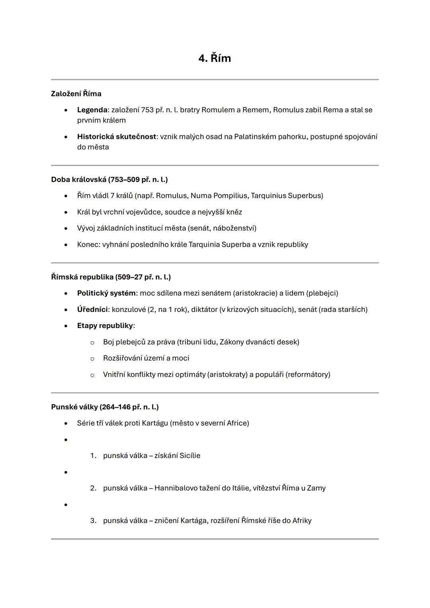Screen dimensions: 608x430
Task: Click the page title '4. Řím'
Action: [x=215, y=58]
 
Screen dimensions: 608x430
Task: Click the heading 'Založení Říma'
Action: [x=76, y=94]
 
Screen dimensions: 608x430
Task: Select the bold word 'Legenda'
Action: [x=92, y=110]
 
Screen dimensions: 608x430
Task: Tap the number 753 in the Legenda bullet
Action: [x=148, y=110]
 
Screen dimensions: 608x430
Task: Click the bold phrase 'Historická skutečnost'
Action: [x=116, y=137]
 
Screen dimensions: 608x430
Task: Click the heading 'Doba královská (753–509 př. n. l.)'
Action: [x=109, y=180]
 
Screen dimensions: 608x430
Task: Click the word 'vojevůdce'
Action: [x=141, y=212]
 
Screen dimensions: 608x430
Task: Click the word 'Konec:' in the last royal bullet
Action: [x=88, y=244]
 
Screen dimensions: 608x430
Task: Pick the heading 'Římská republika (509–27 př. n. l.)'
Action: [x=111, y=277]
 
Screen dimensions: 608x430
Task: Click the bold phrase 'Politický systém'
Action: [x=106, y=293]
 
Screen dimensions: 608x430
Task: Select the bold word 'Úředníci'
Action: [x=92, y=309]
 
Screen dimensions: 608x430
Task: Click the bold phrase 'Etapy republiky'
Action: [x=105, y=326]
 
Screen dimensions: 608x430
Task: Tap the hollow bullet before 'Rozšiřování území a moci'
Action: [x=92, y=359]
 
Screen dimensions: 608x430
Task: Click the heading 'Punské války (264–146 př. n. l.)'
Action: [x=105, y=407]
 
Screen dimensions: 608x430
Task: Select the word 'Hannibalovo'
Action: [x=175, y=488]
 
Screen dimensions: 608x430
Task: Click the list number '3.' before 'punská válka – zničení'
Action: [x=93, y=521]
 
